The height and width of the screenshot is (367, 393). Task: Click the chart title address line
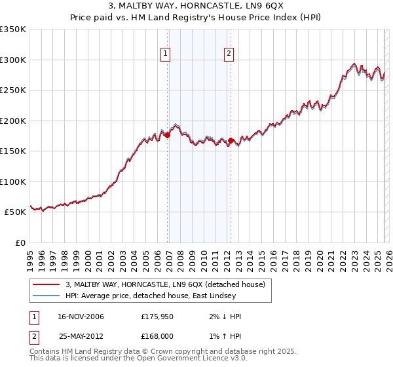pyautogui.click(x=196, y=6)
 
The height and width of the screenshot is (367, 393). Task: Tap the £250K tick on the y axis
pyautogui.click(x=13, y=90)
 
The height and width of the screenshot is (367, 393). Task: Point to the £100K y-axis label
pyautogui.click(x=13, y=182)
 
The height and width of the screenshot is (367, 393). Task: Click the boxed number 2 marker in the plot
pyautogui.click(x=229, y=54)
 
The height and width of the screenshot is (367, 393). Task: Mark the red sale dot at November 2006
pyautogui.click(x=167, y=135)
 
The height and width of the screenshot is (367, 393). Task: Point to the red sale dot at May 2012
pyautogui.click(x=231, y=140)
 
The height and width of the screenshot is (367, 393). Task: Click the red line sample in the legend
pyautogui.click(x=47, y=284)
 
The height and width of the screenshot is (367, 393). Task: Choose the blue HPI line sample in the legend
pyautogui.click(x=47, y=295)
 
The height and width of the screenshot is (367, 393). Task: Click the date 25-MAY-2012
pyautogui.click(x=81, y=336)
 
